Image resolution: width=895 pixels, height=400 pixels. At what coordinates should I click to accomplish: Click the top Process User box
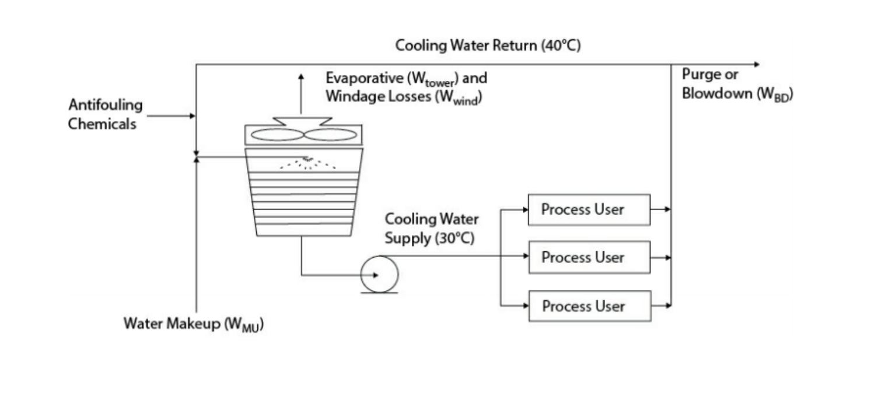point(589,209)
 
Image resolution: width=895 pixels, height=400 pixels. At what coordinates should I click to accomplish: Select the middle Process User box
point(589,257)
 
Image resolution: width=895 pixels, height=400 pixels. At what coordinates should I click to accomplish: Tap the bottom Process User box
point(589,306)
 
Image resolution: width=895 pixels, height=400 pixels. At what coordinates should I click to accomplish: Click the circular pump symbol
point(379,274)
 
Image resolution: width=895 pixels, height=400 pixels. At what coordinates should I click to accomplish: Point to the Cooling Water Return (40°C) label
point(488,45)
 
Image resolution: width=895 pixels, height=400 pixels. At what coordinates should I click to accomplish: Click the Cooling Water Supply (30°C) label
point(431,229)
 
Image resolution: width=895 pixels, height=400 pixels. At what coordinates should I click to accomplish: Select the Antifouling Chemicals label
point(105,114)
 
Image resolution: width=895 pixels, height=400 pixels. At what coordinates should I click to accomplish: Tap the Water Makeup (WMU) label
point(194,324)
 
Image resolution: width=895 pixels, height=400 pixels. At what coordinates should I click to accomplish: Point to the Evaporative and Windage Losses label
point(406,87)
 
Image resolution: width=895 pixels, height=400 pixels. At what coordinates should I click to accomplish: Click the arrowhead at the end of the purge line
point(757,64)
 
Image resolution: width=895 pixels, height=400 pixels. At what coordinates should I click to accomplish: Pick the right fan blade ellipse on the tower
point(330,135)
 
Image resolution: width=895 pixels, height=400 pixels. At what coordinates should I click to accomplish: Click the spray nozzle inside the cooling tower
point(307,159)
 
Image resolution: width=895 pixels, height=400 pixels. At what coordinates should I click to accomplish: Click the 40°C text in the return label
point(561,45)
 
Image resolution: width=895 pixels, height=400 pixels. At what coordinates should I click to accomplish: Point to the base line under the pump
point(379,292)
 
